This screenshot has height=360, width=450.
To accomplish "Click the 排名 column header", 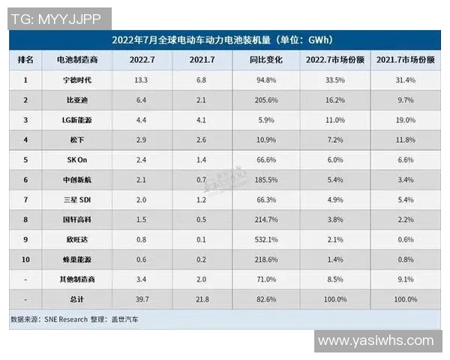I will coord(28,58).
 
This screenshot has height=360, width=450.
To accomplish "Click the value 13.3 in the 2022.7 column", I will coord(145,79).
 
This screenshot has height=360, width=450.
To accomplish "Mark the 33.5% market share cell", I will coord(334,79).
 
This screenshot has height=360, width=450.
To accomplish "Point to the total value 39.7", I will coord(145,299).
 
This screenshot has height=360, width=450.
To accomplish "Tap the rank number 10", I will coord(28,259).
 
